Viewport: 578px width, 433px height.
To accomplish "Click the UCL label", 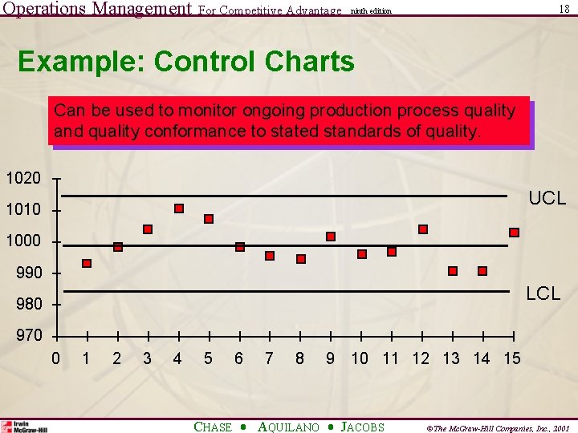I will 546,198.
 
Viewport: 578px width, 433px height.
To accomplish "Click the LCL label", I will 543,294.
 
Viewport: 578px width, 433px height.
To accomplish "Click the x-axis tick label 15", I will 511,358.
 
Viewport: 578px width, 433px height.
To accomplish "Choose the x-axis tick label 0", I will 55,358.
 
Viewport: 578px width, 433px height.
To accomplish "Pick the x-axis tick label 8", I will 299,358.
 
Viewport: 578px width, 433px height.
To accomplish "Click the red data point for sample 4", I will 179,208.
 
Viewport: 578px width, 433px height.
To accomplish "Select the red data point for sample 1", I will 87,263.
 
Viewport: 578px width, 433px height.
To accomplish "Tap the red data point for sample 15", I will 514,233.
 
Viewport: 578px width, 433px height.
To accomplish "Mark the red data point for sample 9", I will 330,237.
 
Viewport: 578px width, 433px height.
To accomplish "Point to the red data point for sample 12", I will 423,229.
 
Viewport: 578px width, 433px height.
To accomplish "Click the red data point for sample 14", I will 482,271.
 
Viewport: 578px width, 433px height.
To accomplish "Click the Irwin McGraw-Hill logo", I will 24,427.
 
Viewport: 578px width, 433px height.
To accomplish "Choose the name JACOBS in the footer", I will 362,427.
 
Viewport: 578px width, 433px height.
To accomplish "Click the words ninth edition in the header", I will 371,11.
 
